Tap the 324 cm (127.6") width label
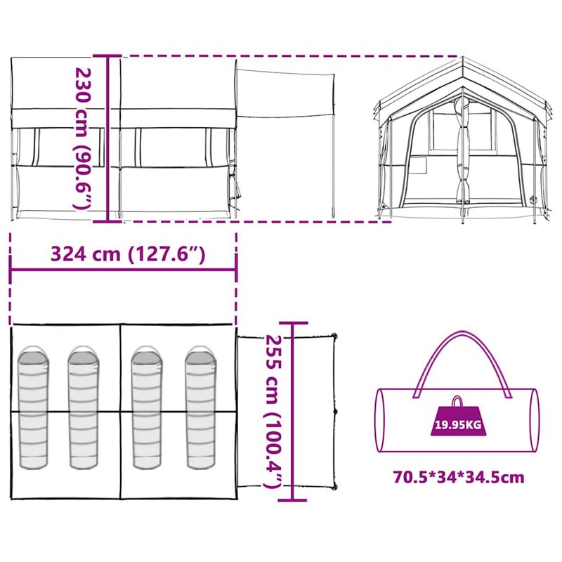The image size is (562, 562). [128, 254]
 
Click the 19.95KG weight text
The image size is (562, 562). [457, 424]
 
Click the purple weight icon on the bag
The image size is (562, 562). [457, 419]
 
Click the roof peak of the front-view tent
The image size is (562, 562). [463, 60]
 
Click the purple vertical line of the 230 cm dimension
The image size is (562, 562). [107, 138]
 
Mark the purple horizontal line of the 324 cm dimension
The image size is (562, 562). [124, 269]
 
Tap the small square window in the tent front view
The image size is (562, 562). [419, 166]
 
